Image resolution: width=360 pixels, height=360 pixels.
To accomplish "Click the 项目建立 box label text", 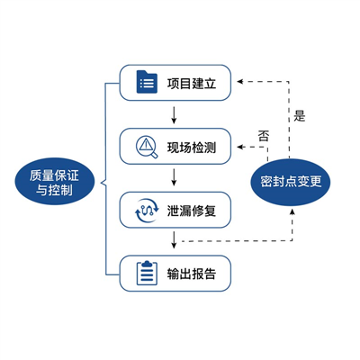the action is (192, 84).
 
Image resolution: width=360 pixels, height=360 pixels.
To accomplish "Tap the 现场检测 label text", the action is (192, 148).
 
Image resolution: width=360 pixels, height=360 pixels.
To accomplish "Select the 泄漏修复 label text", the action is (192, 211).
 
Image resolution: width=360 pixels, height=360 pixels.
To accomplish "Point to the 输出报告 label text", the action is (192, 274).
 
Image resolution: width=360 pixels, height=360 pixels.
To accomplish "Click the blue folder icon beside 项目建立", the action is (147, 82).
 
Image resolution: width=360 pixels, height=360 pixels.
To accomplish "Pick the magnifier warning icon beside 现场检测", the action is (147, 147).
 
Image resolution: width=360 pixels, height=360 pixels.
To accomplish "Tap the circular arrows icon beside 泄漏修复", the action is (147, 211).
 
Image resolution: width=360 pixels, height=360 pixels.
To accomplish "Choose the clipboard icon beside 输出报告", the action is (147, 273).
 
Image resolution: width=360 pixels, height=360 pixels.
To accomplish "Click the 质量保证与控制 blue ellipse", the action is (55, 182).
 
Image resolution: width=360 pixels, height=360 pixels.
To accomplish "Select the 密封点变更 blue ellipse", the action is (291, 182).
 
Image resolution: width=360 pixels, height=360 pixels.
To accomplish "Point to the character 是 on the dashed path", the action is (299, 115).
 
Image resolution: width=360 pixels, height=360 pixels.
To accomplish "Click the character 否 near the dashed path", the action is (264, 136).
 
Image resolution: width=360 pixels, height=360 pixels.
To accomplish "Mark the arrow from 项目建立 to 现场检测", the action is (174, 114).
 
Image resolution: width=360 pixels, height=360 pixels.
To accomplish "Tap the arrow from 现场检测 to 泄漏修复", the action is (174, 177).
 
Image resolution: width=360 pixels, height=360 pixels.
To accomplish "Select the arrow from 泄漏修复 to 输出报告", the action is (174, 239).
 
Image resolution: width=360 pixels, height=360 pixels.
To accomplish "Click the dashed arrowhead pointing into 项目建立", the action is (239, 81).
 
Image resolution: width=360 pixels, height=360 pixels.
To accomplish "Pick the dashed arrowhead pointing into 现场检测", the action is (239, 147).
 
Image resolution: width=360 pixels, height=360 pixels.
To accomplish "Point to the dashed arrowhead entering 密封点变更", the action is (292, 211).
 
